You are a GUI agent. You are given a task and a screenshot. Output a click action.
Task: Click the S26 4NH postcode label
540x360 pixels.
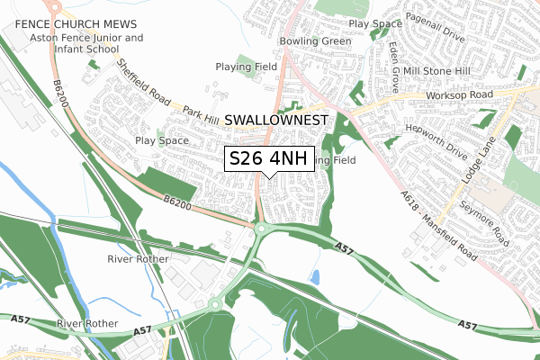[x=268, y=158]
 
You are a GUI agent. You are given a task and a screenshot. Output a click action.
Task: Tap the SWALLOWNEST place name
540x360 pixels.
[x=278, y=120]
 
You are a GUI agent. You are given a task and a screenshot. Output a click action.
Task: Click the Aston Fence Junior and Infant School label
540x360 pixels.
[x=86, y=45]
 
